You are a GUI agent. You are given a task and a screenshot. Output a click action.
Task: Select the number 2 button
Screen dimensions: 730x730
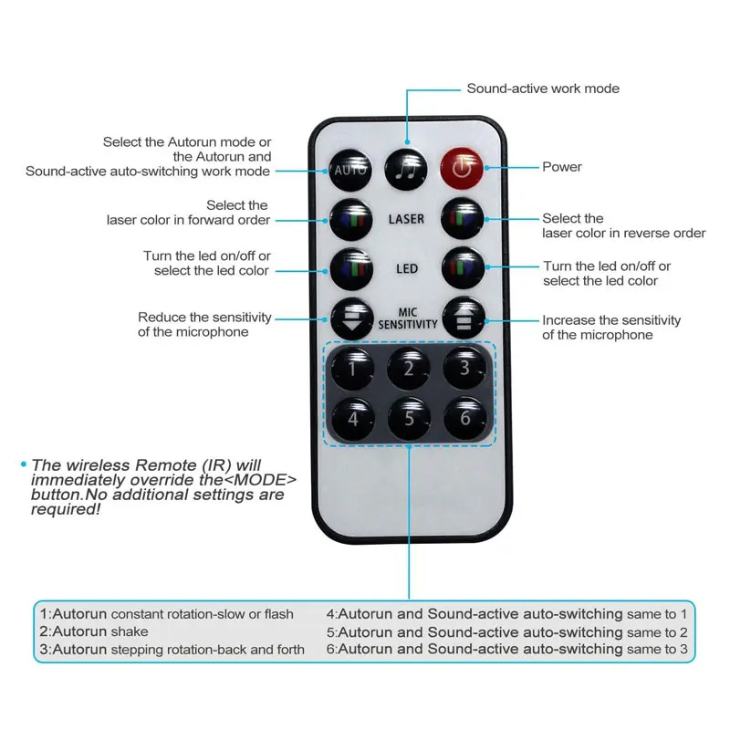(408, 368)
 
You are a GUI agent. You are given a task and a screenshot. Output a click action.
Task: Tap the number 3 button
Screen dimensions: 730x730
(464, 366)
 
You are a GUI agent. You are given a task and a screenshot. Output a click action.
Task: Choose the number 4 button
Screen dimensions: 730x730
(351, 419)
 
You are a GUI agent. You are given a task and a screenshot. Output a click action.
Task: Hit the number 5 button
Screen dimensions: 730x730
(408, 419)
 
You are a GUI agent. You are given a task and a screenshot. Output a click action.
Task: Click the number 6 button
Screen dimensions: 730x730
(464, 417)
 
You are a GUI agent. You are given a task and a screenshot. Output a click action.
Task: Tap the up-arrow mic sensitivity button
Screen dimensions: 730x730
(463, 319)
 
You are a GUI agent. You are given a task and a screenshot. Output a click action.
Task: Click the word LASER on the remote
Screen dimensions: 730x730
(406, 220)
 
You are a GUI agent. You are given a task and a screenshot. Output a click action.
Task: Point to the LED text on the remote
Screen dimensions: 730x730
(407, 269)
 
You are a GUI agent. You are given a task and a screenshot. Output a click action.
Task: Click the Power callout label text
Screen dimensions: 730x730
(562, 167)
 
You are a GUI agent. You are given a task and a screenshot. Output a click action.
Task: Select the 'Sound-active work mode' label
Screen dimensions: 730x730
(543, 89)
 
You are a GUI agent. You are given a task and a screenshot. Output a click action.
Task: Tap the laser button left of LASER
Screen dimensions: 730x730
(351, 220)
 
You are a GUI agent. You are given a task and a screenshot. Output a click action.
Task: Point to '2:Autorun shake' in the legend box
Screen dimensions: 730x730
(93, 631)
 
